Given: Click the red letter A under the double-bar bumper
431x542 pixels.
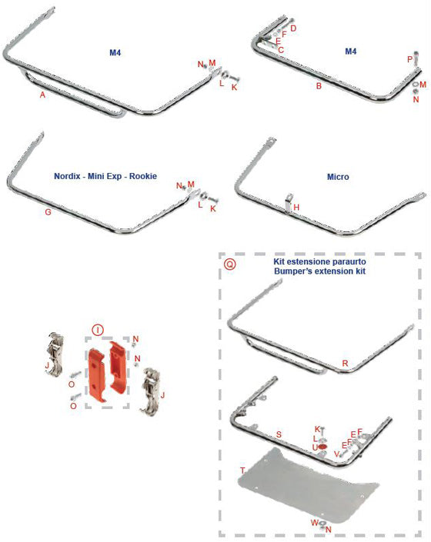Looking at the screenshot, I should tap(42, 95).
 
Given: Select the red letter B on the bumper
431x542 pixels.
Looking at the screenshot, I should tap(318, 86).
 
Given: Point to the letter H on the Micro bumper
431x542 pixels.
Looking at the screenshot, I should tap(296, 208).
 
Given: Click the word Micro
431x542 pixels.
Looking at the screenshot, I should tap(338, 177).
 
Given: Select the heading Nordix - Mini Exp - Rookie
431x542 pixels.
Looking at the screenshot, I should tap(105, 176).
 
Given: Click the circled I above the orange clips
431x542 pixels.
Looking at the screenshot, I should tap(98, 329).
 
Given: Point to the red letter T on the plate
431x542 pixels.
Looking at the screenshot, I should tap(242, 470).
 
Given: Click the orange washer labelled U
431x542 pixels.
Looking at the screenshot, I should tap(323, 447).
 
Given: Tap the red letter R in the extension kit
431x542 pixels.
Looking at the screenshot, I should tap(345, 361).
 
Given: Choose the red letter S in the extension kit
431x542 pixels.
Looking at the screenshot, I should tap(278, 434).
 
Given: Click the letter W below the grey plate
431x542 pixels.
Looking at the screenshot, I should tap(314, 523).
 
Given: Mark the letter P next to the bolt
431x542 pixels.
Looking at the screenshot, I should tap(409, 59).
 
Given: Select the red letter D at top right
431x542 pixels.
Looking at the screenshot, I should tap(292, 28).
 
